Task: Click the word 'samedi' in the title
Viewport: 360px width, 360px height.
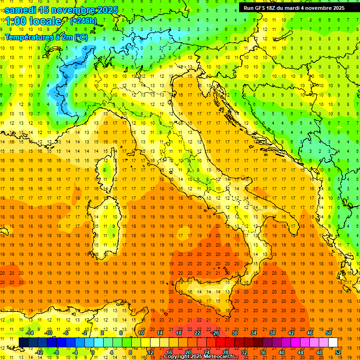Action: point(20,10)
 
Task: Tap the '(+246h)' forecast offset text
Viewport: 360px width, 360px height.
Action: point(83,21)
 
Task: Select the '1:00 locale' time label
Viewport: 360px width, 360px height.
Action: point(33,21)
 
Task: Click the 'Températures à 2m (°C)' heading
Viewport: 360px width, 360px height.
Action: point(46,37)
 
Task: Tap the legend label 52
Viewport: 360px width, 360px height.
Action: point(338,352)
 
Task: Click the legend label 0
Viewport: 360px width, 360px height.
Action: point(93,352)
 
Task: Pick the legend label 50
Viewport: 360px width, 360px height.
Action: point(328,333)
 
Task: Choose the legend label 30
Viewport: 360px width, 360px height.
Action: point(234,333)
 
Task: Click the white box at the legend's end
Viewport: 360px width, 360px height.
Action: point(333,343)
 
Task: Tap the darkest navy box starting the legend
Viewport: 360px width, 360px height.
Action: point(23,343)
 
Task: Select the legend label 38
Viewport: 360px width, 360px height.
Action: point(272,333)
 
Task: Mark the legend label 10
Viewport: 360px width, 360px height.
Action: point(141,333)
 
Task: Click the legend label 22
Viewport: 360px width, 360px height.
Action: point(197,333)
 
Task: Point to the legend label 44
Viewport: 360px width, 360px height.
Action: point(300,352)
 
